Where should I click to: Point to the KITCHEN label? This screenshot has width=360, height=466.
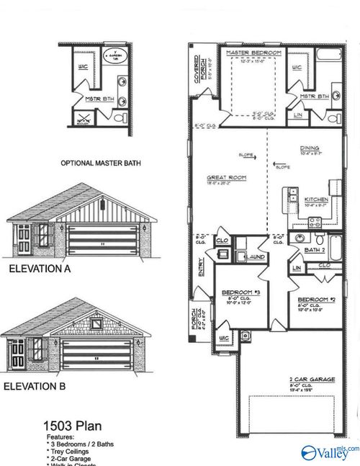tap(317, 199)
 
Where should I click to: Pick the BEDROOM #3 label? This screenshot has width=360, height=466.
tap(235, 293)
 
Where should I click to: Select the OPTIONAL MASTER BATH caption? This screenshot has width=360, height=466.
tap(101, 163)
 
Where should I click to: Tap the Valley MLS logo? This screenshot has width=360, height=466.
tap(329, 452)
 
